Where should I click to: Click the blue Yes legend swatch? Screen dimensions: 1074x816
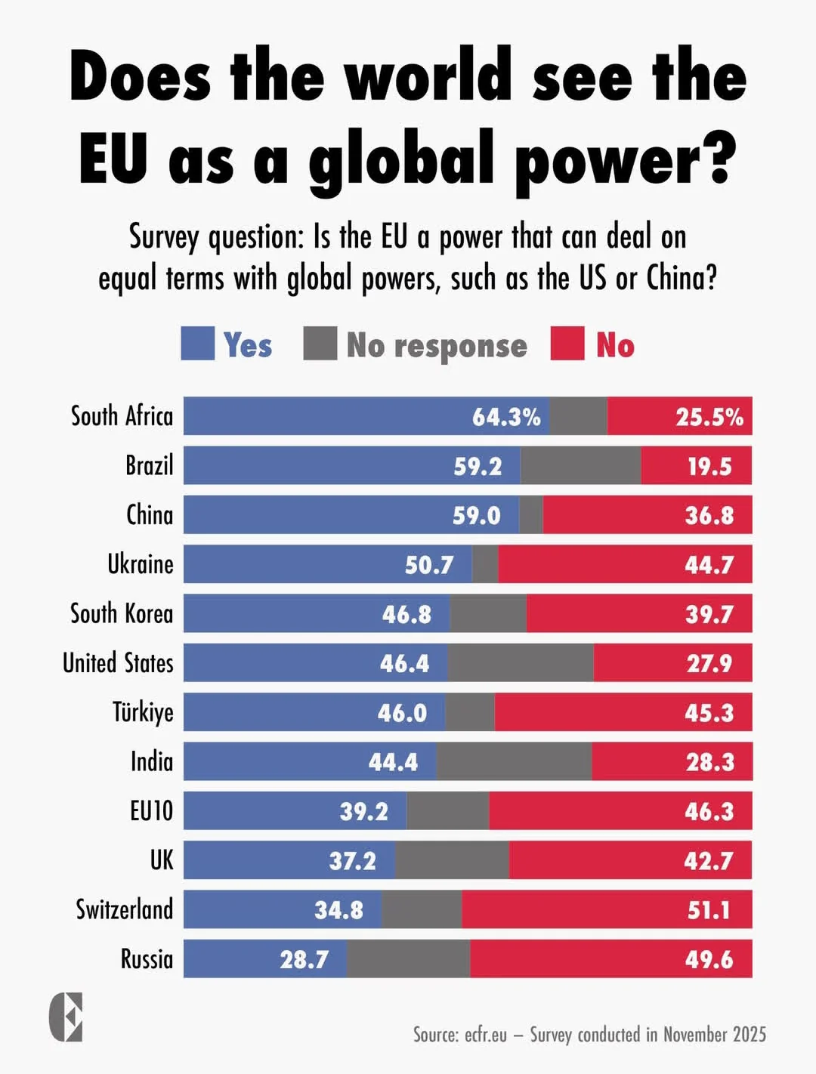197,344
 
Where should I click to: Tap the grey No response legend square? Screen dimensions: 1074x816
320,344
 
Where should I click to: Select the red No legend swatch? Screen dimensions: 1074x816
567,344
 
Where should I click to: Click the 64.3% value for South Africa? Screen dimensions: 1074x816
506,417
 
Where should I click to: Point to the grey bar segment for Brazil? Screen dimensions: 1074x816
580,466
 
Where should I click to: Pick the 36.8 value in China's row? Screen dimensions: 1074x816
709,515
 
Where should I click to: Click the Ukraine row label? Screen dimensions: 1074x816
141,564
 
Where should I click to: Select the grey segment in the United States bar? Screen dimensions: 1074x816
521,663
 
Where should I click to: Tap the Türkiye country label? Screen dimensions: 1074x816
143,711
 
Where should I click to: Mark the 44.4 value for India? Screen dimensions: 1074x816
393,762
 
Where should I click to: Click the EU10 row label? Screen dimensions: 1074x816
151,811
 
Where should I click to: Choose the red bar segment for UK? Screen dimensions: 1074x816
630,860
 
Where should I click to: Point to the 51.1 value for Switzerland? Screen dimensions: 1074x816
709,910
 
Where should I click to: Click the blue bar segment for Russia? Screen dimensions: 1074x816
264,959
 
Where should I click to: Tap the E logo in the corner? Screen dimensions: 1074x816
66,1017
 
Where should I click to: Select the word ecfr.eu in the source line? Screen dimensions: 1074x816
485,1034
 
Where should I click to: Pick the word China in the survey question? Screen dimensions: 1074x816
681,278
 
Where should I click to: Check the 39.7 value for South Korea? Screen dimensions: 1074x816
709,614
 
